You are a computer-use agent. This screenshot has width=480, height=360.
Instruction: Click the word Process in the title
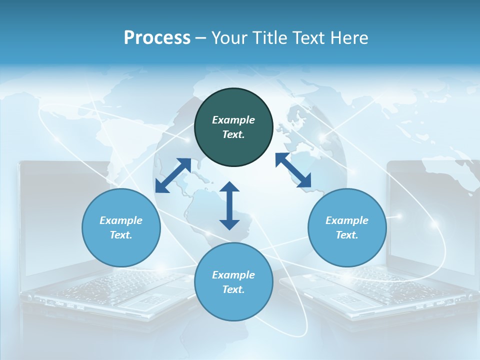(x=157, y=38)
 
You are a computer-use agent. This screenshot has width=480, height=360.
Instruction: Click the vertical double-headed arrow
(x=229, y=206)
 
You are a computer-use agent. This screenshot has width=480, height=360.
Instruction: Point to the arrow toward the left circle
(x=173, y=175)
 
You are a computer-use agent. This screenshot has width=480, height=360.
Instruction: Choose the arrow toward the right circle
(x=293, y=170)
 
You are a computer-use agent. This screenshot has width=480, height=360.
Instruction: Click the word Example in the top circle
(x=233, y=120)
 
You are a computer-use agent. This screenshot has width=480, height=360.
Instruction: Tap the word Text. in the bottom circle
(x=233, y=289)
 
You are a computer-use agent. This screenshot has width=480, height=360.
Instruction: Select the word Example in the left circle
(x=121, y=220)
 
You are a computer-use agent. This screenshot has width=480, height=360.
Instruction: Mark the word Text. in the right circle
(x=347, y=235)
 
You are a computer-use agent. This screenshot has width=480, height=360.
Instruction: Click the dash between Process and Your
(x=201, y=38)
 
